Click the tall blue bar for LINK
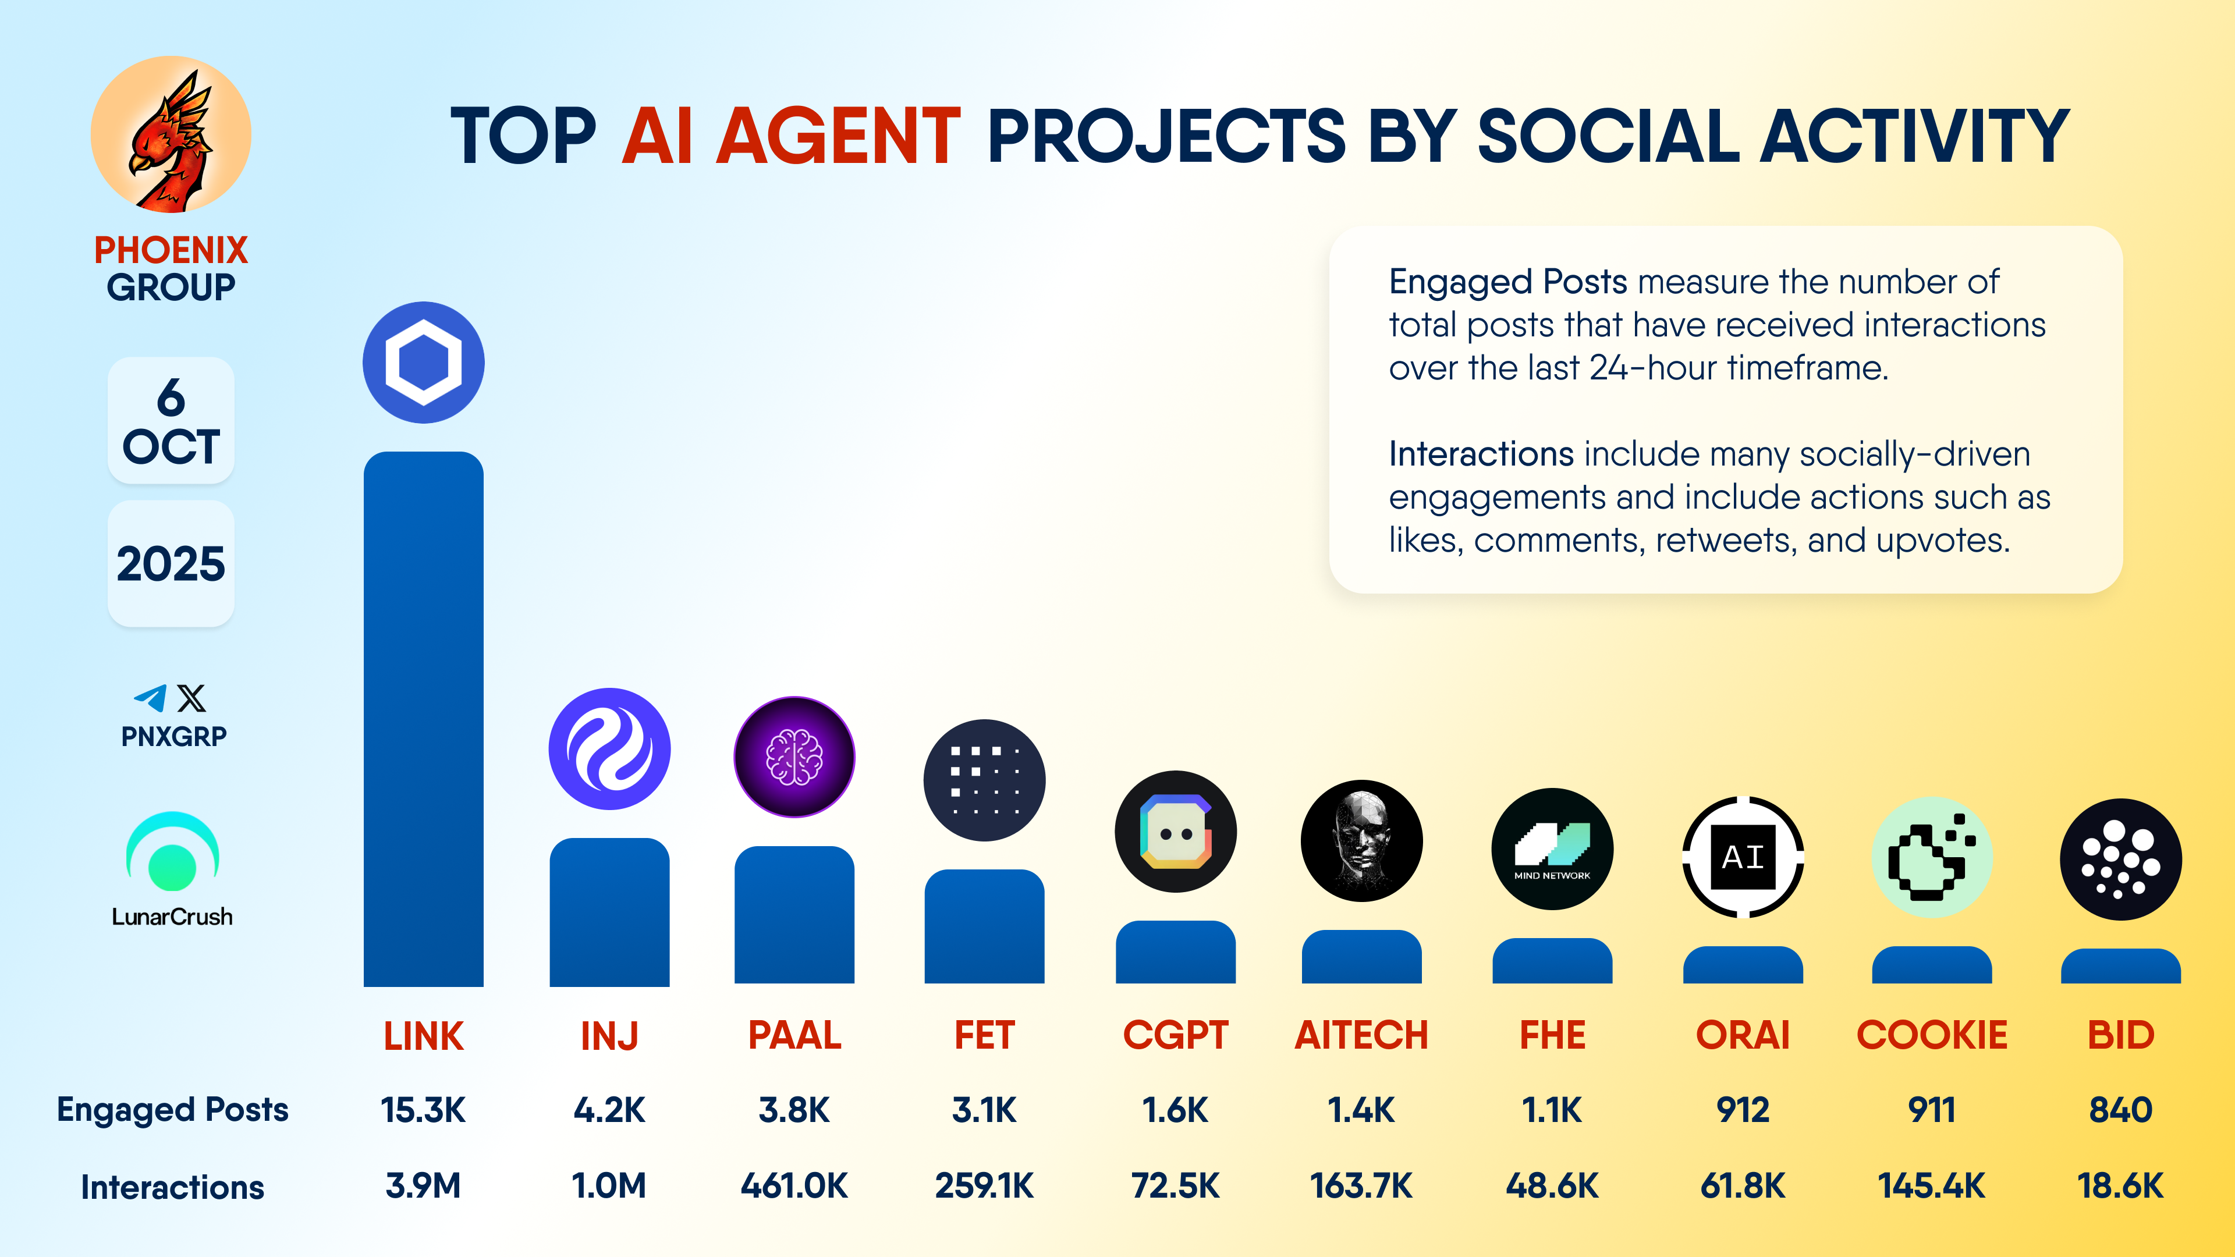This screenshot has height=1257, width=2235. (423, 718)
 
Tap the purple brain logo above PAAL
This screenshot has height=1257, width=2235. (794, 757)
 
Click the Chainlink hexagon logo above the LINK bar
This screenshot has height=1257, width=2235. (423, 363)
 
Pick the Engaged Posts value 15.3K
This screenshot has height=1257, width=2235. (423, 1110)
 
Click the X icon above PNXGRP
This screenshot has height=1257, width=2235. (191, 698)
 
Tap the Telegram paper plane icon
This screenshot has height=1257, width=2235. (150, 698)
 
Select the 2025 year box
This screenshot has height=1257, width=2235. (171, 564)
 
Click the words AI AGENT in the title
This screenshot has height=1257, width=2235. (792, 136)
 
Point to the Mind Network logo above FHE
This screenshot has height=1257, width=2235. (1552, 848)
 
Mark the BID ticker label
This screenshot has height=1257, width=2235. (2120, 1035)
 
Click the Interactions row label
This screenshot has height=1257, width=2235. (173, 1187)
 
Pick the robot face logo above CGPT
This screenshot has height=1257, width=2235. (1176, 831)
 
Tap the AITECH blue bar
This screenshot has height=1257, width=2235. (1361, 956)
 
